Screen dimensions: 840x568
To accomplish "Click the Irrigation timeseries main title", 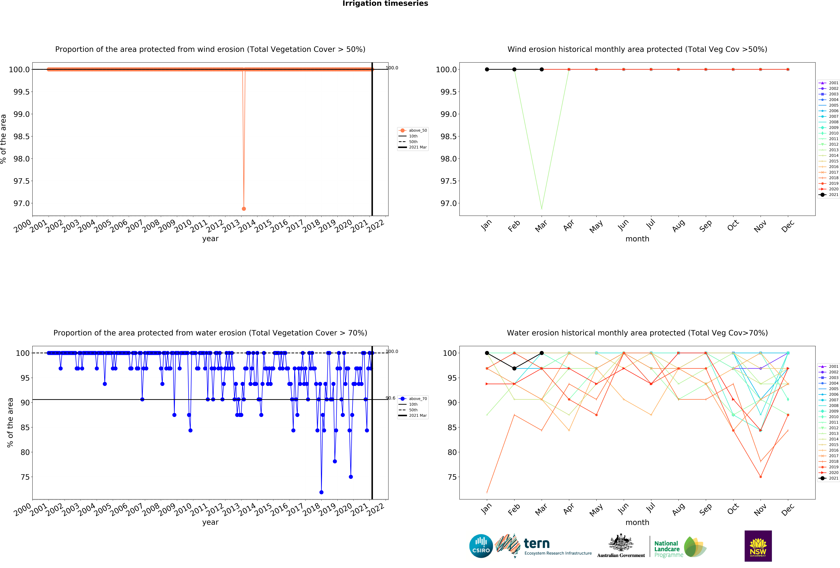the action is (385, 4).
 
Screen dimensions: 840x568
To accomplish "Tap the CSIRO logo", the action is (481, 546).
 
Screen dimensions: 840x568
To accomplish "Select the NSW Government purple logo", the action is (758, 546).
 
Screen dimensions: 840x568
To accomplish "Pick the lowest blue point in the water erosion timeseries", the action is (321, 492).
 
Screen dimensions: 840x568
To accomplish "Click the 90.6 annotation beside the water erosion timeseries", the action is (390, 398).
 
